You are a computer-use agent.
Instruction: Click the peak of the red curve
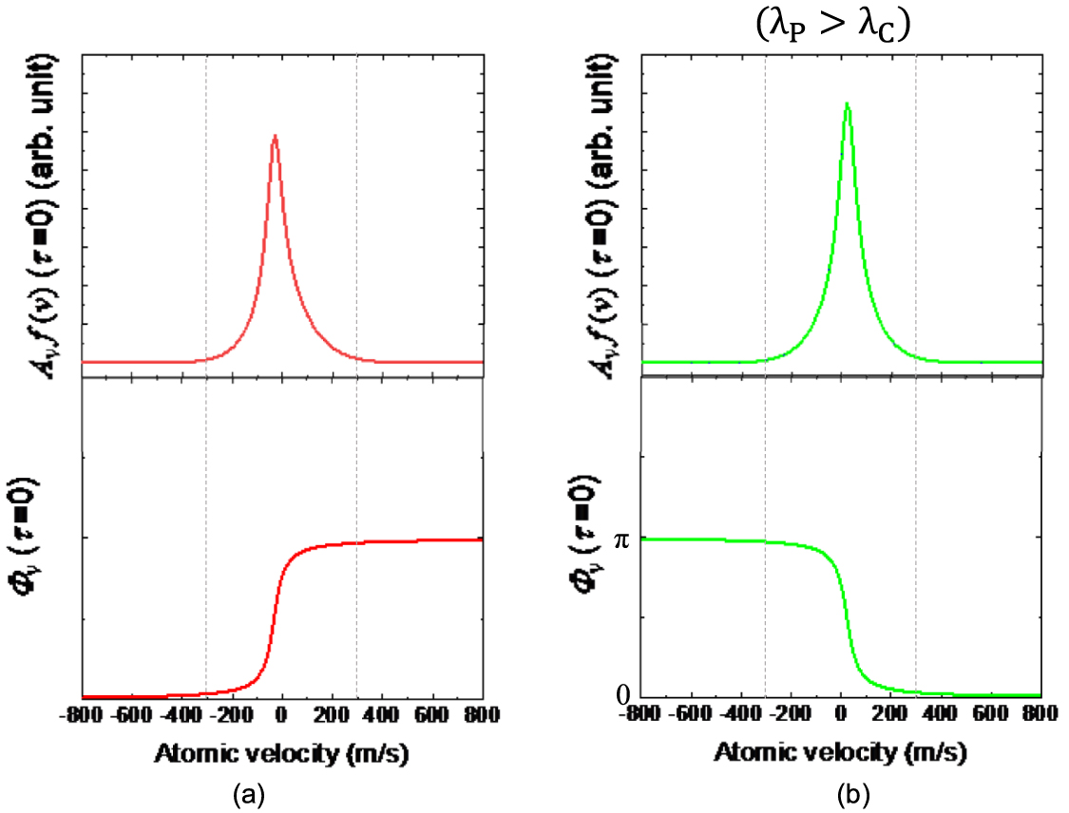tap(275, 136)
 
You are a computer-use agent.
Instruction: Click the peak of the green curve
tap(846, 104)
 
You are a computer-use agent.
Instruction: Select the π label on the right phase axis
tap(623, 539)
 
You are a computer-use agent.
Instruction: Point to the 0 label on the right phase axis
tap(623, 695)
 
